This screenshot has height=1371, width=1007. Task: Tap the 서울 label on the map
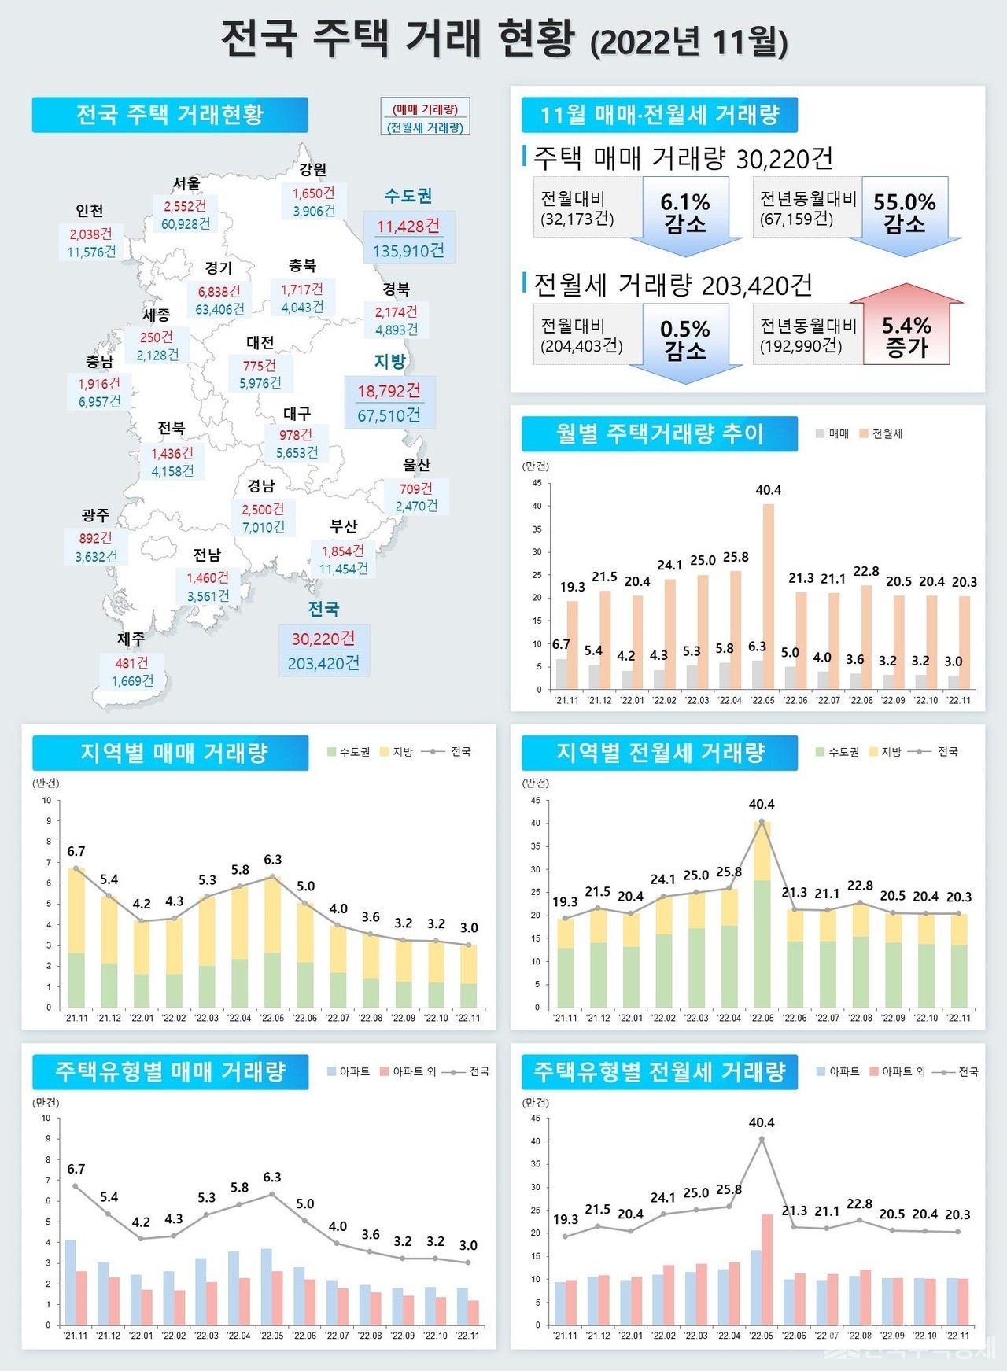[187, 183]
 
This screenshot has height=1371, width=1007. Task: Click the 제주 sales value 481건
[131, 663]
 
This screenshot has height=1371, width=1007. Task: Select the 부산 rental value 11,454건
[343, 569]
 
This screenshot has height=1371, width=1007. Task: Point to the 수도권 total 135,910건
[408, 251]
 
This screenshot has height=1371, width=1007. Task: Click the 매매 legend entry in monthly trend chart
[833, 433]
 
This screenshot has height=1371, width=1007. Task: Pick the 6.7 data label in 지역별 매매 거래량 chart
[76, 851]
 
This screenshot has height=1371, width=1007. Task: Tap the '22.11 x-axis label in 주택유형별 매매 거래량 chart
[468, 1336]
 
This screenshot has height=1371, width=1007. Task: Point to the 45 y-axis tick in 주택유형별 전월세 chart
[536, 1118]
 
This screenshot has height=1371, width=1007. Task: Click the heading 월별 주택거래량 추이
[659, 433]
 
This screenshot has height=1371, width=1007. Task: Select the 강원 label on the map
[313, 169]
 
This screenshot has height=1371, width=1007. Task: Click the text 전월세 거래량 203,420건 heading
[673, 285]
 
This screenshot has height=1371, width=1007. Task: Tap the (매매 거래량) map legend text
[425, 109]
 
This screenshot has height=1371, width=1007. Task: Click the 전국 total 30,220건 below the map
[323, 639]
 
